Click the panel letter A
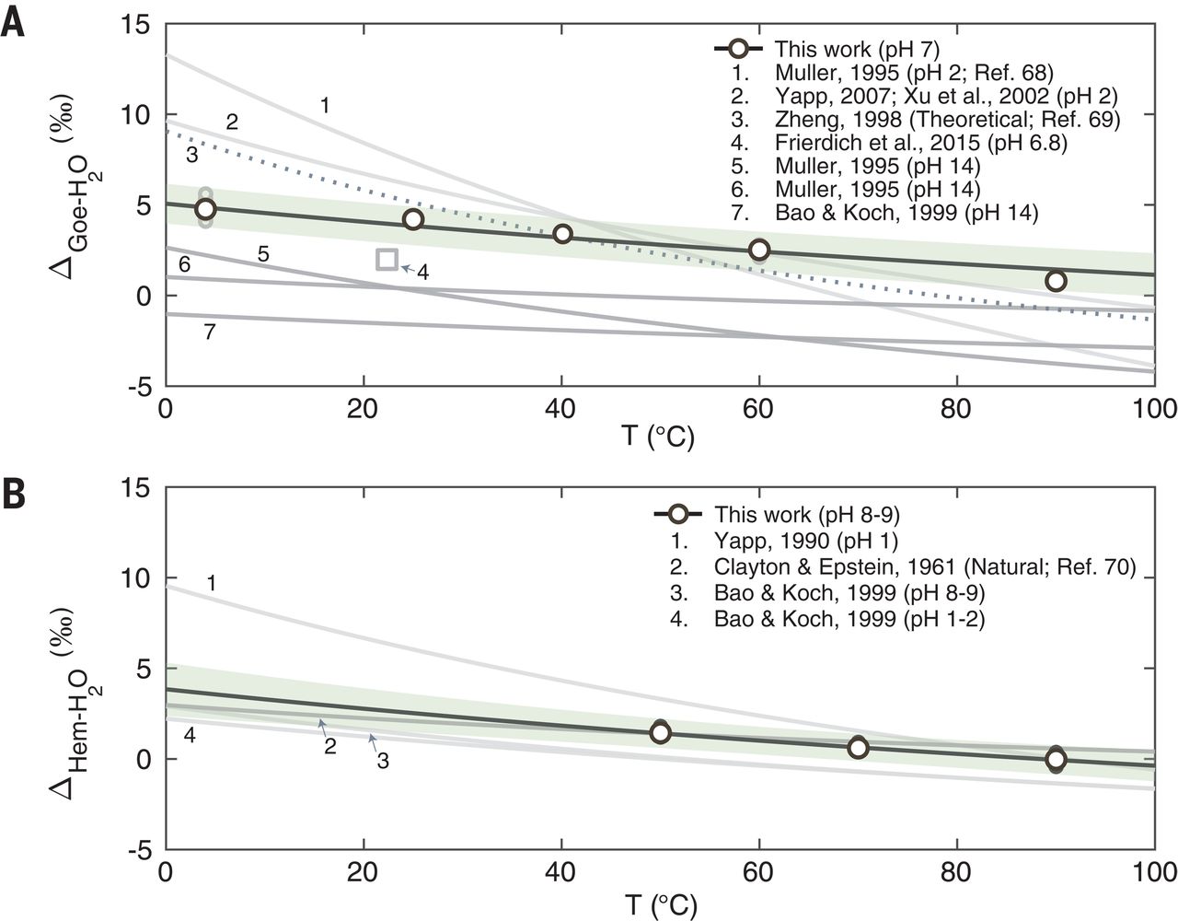pos(12,20)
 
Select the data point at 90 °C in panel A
pos(1056,280)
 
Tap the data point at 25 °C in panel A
pos(413,219)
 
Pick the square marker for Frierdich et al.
pos(387,260)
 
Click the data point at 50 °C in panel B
pos(660,732)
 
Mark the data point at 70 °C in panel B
pos(858,748)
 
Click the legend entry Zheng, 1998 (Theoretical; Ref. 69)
pos(947,118)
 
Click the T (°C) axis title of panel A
pos(657,435)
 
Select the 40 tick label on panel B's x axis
pos(561,870)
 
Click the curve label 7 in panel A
pos(210,333)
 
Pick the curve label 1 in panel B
pos(211,582)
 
